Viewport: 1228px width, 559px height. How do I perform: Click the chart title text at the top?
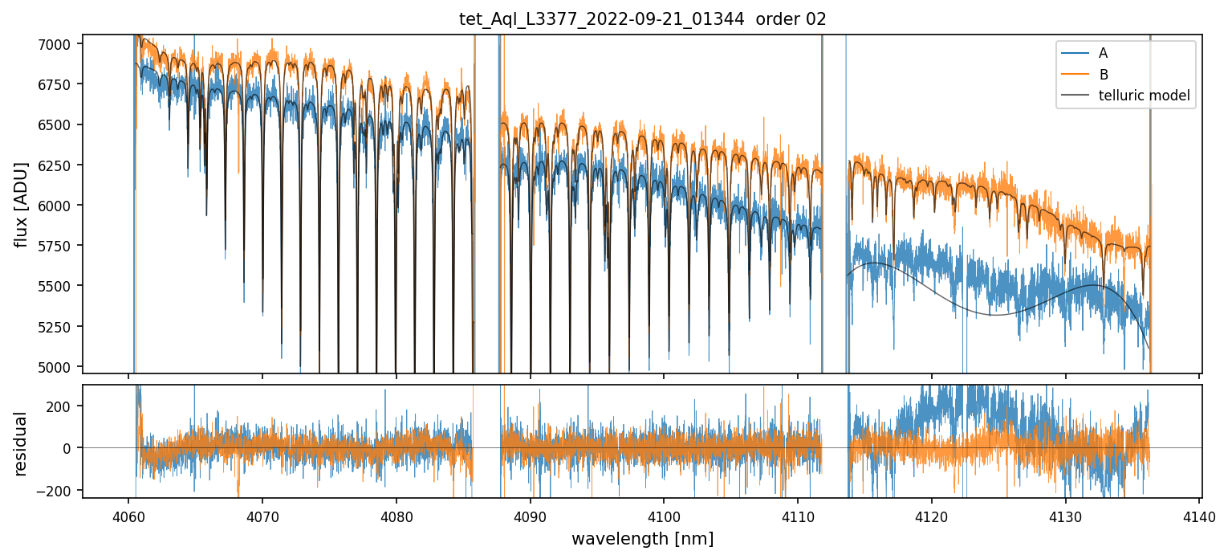pos(642,19)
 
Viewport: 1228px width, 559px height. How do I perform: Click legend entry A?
pos(1103,53)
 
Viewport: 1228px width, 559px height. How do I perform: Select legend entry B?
pos(1103,75)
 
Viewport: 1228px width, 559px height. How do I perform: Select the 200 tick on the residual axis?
pos(63,406)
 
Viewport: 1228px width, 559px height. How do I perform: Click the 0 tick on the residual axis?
pos(69,448)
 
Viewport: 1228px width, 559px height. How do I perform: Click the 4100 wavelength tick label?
pos(664,516)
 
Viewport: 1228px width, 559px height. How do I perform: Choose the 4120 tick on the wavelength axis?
pos(931,516)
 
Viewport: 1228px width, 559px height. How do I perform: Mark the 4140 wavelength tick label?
pos(1199,516)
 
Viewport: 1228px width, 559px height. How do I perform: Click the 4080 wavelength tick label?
pos(396,516)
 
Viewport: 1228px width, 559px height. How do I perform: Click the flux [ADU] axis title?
pos(22,204)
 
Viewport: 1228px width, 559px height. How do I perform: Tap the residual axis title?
pos(22,443)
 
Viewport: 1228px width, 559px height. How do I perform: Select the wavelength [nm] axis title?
pos(642,538)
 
